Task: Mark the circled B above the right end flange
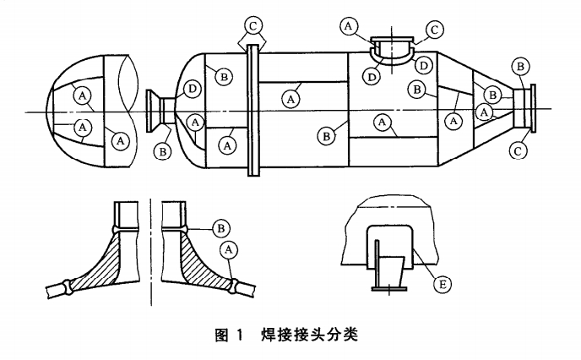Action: [522, 65]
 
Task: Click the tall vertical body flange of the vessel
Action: [252, 110]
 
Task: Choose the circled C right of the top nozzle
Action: [435, 29]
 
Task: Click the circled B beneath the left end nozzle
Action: [161, 152]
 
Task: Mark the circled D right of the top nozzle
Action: [425, 64]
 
